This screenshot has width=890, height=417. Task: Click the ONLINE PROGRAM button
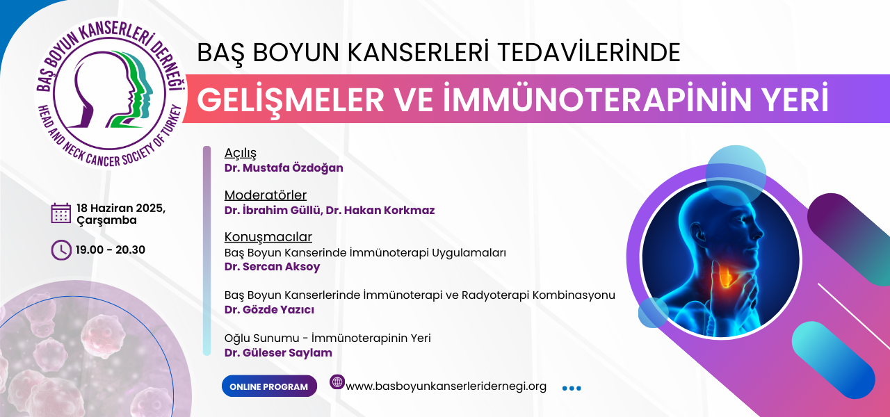[x=269, y=386]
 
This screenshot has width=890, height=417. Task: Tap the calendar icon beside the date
[x=61, y=213]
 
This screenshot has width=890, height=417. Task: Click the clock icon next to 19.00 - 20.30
[x=61, y=250]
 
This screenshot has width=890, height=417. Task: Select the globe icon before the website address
[x=337, y=382]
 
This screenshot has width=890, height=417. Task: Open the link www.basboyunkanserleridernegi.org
[x=446, y=386]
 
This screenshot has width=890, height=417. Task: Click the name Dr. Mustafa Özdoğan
[x=284, y=168]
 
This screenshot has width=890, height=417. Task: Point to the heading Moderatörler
[x=266, y=195]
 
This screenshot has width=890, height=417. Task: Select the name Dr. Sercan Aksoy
[x=272, y=266]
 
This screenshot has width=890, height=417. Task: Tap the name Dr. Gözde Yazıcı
[x=269, y=310]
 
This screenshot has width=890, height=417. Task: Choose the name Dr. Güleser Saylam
[x=278, y=352]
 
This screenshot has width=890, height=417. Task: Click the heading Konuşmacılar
[x=268, y=237]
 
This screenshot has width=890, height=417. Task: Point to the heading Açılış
[x=241, y=154]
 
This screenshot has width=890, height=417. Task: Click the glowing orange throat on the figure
[x=726, y=276]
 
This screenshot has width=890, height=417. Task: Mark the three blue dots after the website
[x=572, y=388]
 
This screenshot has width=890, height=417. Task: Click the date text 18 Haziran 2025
[x=121, y=208]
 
